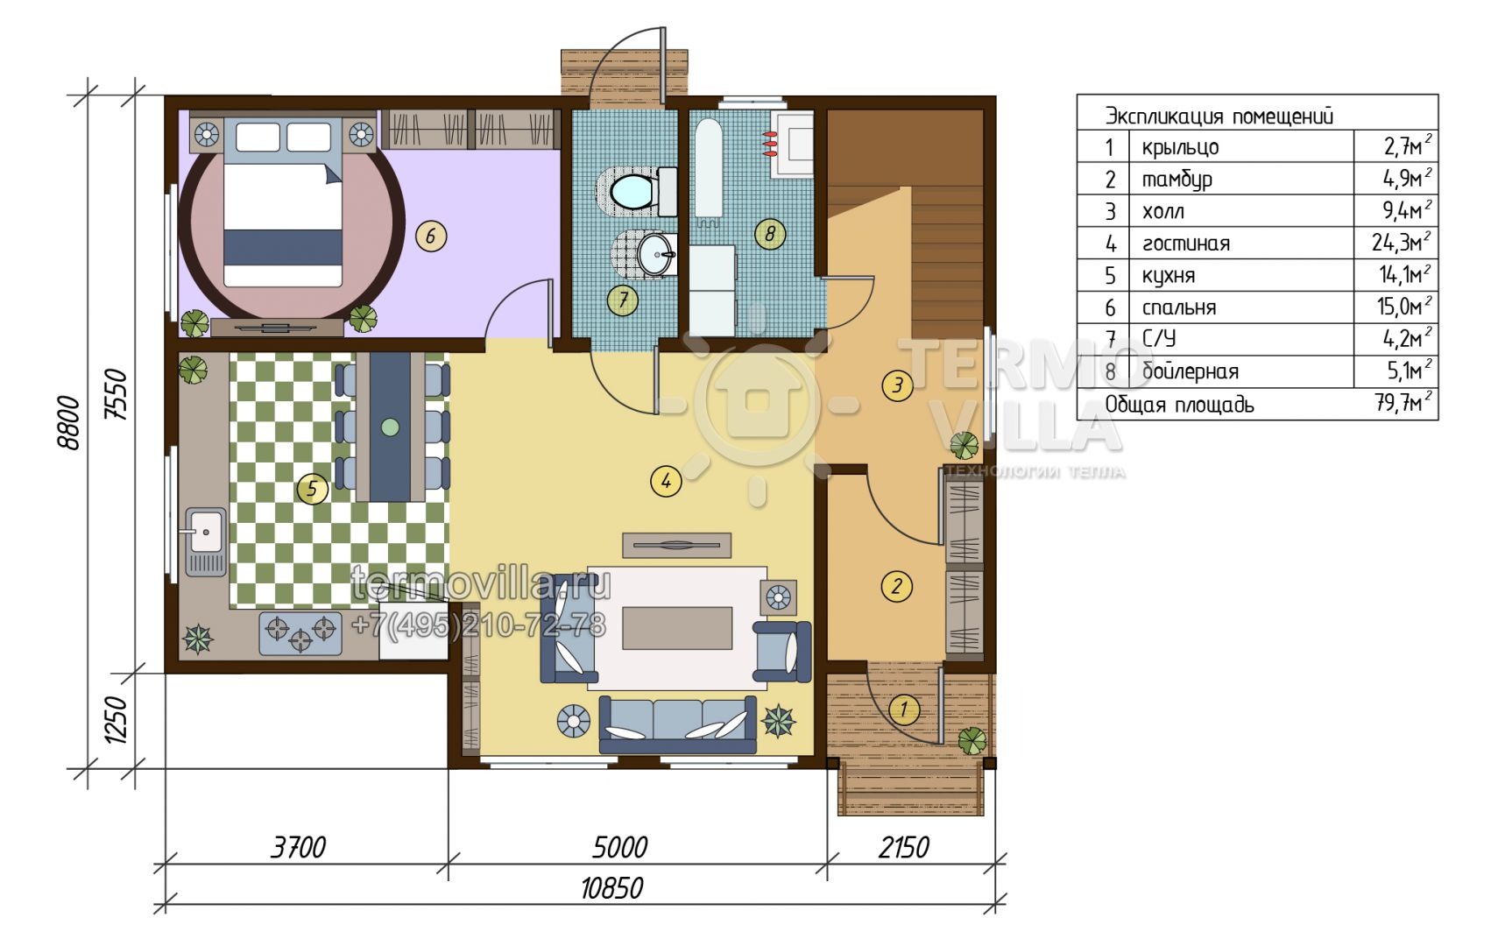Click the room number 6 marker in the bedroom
click(430, 236)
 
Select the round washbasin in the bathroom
click(655, 254)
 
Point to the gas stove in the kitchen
click(300, 632)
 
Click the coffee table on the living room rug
click(677, 627)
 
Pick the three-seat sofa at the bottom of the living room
click(677, 724)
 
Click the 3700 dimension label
click(299, 847)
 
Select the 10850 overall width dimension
click(611, 888)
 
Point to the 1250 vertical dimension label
click(117, 720)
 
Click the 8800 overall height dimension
click(69, 423)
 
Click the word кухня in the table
click(1169, 275)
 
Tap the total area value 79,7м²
click(1403, 404)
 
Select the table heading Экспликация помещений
click(1219, 116)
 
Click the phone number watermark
click(478, 625)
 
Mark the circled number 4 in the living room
click(666, 480)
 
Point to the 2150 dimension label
click(904, 847)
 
